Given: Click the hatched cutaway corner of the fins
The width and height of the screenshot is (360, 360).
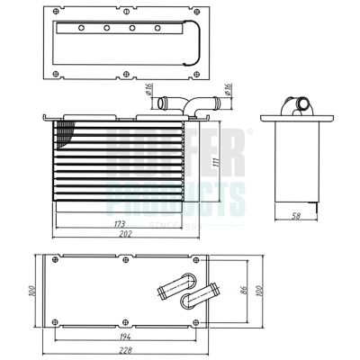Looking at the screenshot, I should pyautogui.click(x=64, y=136).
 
